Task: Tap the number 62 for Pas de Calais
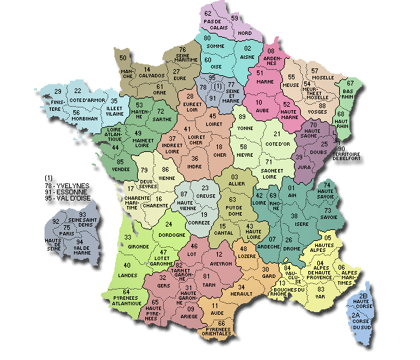tap(208, 13)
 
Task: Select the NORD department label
tap(245, 32)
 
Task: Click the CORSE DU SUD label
tap(362, 324)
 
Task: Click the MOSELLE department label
tap(322, 79)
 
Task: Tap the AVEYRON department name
tap(219, 262)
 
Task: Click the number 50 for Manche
tap(123, 58)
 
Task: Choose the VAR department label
tap(321, 297)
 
